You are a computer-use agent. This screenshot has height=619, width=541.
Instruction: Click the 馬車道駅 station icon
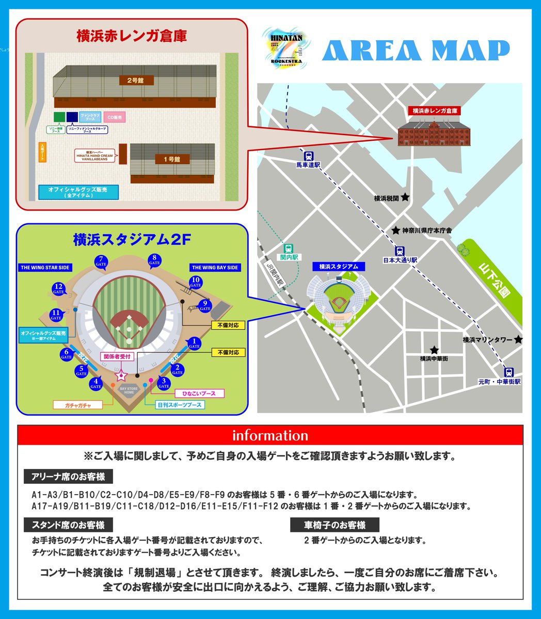(309, 155)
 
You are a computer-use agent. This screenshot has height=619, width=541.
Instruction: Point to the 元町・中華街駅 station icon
(509, 372)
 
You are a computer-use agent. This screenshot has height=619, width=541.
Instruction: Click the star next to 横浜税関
(405, 197)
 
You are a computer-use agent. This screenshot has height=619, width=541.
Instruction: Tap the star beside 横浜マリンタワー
(518, 339)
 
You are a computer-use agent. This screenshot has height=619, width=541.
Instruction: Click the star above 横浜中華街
(435, 349)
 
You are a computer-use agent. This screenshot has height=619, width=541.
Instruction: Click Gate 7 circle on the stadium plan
(101, 261)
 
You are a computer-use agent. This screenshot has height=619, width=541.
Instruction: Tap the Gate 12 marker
(58, 289)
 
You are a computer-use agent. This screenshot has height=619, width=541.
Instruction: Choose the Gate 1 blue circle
(194, 343)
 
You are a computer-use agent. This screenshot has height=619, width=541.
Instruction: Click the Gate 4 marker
(96, 383)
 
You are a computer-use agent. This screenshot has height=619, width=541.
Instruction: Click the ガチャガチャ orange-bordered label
(78, 405)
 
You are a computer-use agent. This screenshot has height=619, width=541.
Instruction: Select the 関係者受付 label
(119, 356)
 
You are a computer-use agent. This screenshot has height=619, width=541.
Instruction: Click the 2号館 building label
(135, 80)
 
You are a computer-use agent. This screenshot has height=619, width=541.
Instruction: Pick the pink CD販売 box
(115, 118)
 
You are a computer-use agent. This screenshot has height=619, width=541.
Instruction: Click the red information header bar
(270, 435)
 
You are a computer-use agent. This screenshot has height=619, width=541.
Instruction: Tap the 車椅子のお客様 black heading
(335, 525)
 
